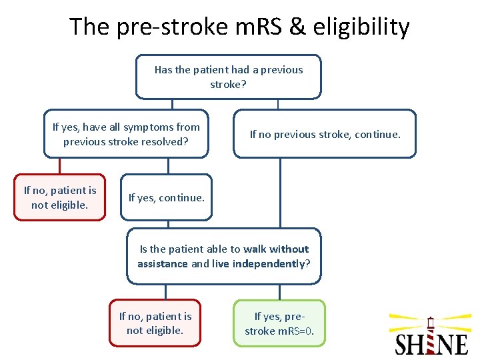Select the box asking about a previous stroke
pyautogui.click(x=228, y=77)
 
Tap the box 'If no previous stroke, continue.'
pyautogui.click(x=325, y=134)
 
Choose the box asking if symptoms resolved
pyautogui.click(x=126, y=134)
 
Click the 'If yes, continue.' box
pyautogui.click(x=166, y=198)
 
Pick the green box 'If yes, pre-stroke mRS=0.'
pyautogui.click(x=279, y=323)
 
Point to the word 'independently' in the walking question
pyautogui.click(x=270, y=263)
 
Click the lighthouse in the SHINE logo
pyautogui.click(x=431, y=333)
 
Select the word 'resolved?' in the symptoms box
pyautogui.click(x=166, y=141)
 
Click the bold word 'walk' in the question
pyautogui.click(x=255, y=249)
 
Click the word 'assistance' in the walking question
pyautogui.click(x=163, y=263)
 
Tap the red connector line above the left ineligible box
pyautogui.click(x=59, y=166)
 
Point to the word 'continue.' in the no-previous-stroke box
pyautogui.click(x=377, y=134)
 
